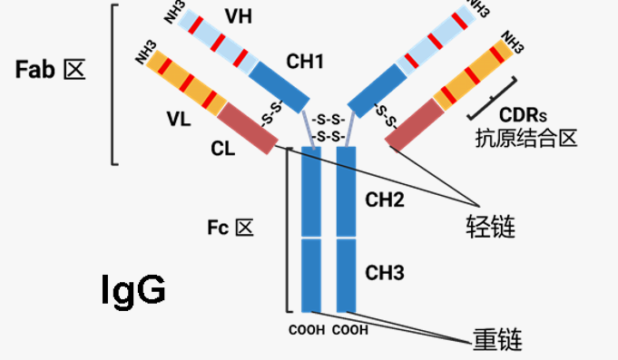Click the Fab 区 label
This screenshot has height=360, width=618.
(51, 70)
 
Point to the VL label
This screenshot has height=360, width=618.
(181, 118)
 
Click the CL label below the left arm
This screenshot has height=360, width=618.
(222, 149)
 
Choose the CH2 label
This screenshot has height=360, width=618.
(384, 199)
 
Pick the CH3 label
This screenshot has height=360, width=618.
(384, 272)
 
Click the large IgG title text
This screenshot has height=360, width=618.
(132, 290)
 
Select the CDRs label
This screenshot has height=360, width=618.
(524, 114)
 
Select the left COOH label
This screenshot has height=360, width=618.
(308, 330)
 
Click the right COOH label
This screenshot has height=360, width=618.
(349, 330)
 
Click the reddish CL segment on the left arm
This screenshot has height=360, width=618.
(246, 127)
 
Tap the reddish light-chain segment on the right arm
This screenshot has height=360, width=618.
(414, 126)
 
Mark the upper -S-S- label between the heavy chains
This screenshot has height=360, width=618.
(327, 120)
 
